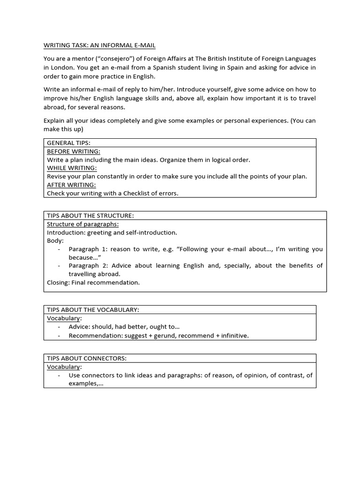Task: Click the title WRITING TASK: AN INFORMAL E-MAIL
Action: coord(99,45)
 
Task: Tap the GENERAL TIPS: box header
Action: coord(68,142)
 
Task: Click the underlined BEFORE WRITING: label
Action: coord(74,151)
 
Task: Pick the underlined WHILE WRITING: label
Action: coord(72,168)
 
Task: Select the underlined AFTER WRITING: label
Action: coord(71,185)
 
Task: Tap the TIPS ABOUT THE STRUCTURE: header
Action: coord(90,216)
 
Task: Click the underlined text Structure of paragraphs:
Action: coord(82,224)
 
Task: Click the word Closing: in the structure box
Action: coord(58,283)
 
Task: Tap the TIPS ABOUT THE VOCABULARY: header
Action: coord(93,310)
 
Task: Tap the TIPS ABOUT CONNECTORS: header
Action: coord(87,358)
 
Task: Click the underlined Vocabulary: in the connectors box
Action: coord(64,367)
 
